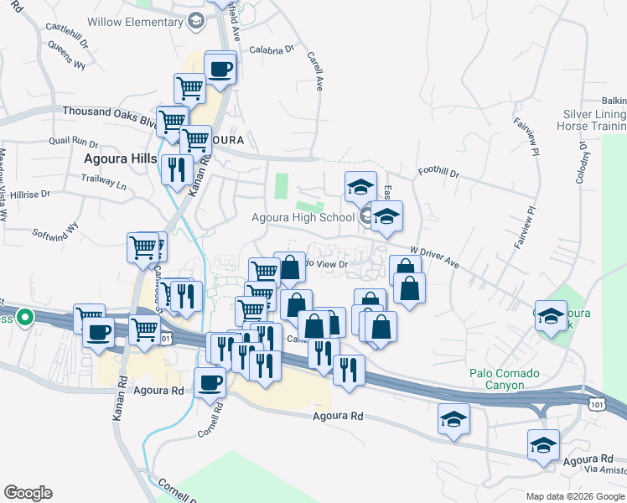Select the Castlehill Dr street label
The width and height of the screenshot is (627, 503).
66,28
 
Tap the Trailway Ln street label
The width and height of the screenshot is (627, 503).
103,179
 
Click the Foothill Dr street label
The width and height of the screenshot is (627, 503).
438,174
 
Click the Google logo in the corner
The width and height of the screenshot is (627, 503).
28,492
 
